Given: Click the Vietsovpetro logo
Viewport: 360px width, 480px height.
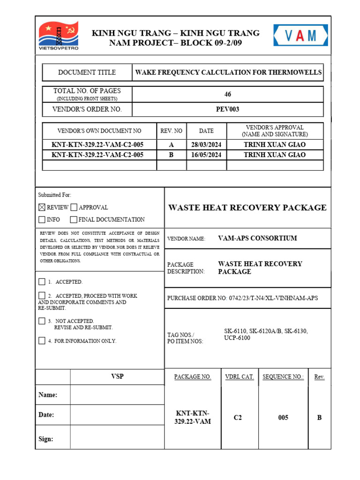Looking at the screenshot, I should (x=58, y=36).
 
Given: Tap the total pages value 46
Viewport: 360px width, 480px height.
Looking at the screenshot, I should (x=228, y=94).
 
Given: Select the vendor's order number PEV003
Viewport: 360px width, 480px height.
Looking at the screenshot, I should (x=228, y=109).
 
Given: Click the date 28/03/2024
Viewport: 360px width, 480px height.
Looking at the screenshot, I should (x=206, y=145).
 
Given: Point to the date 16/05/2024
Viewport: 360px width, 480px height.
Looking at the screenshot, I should (x=206, y=155).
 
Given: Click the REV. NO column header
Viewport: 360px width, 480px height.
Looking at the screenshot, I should (x=171, y=131).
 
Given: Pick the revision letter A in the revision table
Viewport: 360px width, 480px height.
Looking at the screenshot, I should (x=171, y=145).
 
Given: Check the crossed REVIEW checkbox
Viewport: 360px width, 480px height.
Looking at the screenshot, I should (x=42, y=207).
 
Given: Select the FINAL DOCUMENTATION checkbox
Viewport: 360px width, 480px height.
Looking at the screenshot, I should (x=74, y=219).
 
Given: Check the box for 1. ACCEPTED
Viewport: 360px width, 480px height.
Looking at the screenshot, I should (x=42, y=282).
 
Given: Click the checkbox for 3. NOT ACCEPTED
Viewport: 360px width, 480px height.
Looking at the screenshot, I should (x=42, y=321).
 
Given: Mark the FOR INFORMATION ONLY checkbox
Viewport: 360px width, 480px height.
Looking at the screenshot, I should (x=42, y=341).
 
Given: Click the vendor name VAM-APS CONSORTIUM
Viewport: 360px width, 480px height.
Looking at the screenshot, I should (x=257, y=238).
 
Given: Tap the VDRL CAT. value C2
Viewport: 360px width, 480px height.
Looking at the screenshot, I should (x=238, y=418).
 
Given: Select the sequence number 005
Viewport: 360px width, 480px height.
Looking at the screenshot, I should (x=283, y=418).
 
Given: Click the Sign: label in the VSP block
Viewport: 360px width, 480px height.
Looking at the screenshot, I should (x=45, y=439).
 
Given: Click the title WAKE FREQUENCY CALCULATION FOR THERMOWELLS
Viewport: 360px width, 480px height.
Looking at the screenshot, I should (x=228, y=72).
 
